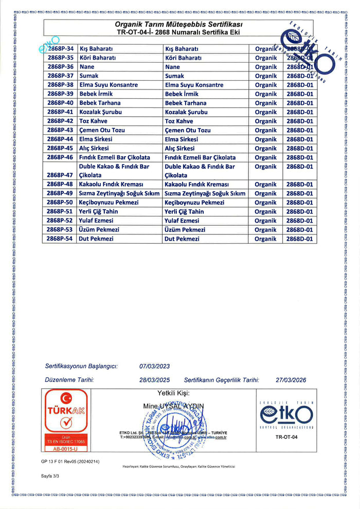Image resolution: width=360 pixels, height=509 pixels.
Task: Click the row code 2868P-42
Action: point(60,121)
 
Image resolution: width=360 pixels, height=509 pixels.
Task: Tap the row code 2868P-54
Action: point(60,239)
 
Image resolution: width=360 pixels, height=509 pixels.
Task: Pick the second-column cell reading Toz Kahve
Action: point(179,121)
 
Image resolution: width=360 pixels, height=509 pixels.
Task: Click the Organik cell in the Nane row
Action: point(265,67)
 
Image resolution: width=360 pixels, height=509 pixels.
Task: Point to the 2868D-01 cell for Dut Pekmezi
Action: point(299,239)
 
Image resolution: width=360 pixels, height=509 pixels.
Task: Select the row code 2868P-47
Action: point(60,175)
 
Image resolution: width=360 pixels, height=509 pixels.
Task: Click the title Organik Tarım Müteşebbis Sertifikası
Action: point(179,25)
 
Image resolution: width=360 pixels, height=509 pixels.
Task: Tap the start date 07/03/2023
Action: point(154,367)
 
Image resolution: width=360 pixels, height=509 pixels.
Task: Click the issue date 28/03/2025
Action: point(154,380)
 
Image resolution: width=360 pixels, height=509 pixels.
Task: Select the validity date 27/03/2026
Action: point(291,380)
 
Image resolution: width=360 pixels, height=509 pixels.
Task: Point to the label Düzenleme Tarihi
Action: point(69,380)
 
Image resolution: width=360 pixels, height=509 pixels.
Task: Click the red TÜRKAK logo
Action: point(66,411)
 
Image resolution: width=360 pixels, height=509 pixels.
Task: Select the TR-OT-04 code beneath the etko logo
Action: point(285,438)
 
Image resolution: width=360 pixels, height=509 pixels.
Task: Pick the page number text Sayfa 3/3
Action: point(50,477)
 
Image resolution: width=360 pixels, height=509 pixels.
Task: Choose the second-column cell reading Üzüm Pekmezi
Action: point(185,230)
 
